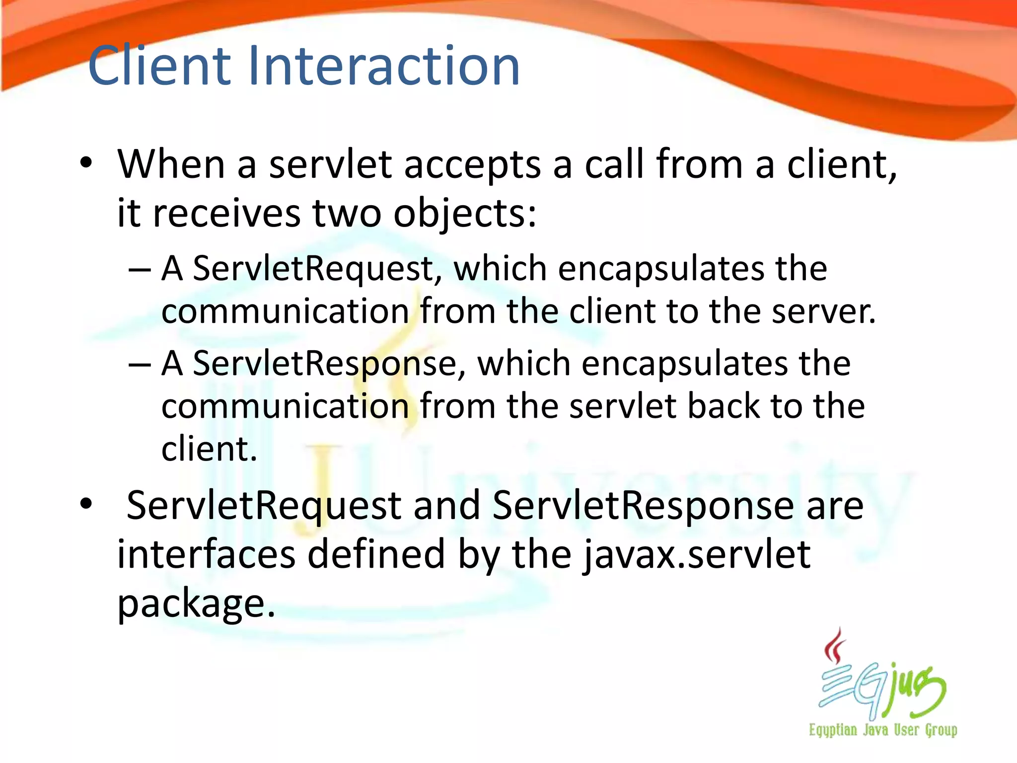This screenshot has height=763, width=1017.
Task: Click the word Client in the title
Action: (x=159, y=66)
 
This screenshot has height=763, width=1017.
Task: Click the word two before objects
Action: (x=347, y=214)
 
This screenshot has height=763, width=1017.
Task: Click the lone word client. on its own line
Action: (x=209, y=449)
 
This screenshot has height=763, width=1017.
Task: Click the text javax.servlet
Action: (x=696, y=555)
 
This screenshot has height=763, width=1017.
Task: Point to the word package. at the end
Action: (x=196, y=604)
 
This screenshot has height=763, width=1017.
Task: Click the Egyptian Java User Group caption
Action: (x=883, y=730)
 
